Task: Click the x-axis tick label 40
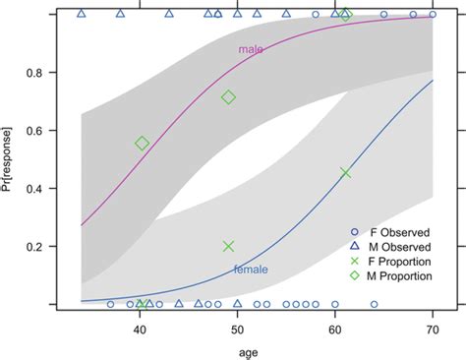tap(139, 330)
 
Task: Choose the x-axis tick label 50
tap(237, 330)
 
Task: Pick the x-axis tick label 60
tap(334, 330)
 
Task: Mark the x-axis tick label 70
tap(432, 330)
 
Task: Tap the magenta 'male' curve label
tap(252, 48)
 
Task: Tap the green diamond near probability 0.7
tap(229, 97)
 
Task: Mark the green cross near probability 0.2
tap(229, 247)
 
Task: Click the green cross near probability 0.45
tap(345, 173)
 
